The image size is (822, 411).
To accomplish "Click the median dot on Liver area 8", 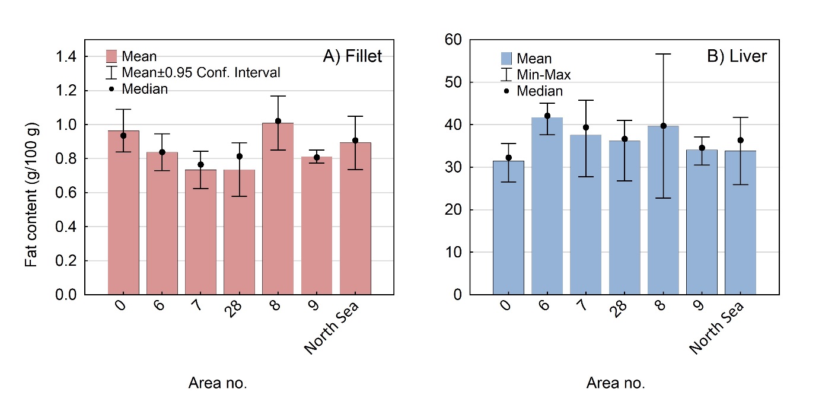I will (663, 126).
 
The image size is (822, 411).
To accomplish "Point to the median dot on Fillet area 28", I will (239, 157).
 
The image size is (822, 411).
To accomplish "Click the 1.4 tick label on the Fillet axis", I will (66, 57).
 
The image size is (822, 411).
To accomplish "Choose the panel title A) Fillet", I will (352, 56).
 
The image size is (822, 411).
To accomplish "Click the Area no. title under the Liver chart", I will (615, 383).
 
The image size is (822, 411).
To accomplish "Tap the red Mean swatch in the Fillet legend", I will (112, 56).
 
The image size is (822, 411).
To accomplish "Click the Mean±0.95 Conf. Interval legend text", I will (201, 72).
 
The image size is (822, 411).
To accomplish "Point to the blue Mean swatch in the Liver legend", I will (506, 58).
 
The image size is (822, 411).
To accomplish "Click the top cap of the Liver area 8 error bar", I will (663, 54).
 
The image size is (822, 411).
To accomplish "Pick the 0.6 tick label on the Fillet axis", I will (66, 193).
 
